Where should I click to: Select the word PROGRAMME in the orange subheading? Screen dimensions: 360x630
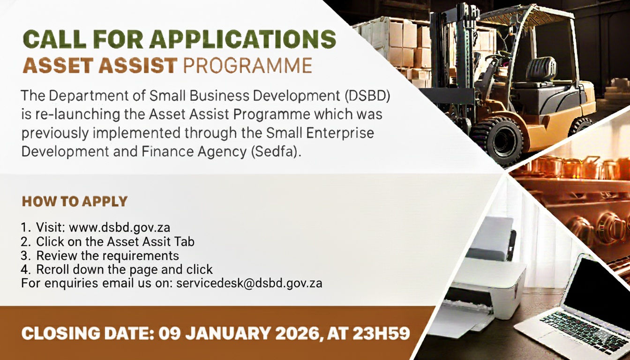(x=247, y=66)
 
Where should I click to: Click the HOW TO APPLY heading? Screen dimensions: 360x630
(x=75, y=202)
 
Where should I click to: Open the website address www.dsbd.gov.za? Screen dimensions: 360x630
(x=120, y=228)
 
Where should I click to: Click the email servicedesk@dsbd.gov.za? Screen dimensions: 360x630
(x=249, y=283)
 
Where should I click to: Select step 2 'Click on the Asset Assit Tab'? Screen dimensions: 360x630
(x=115, y=242)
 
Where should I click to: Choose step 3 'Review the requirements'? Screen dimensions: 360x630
(x=107, y=255)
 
